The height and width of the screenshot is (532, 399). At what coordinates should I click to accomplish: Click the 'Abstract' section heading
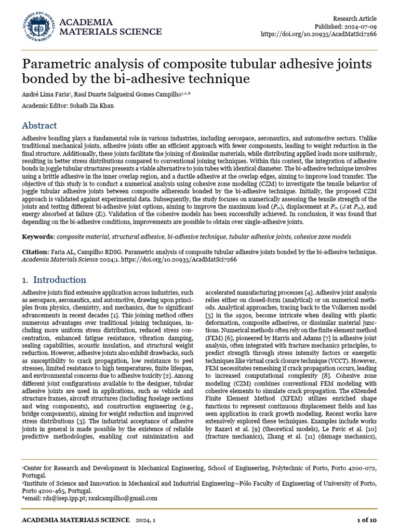pos(39,126)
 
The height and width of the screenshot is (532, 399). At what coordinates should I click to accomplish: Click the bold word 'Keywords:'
pos(38,237)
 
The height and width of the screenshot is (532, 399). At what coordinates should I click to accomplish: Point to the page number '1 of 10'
pos(366,520)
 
